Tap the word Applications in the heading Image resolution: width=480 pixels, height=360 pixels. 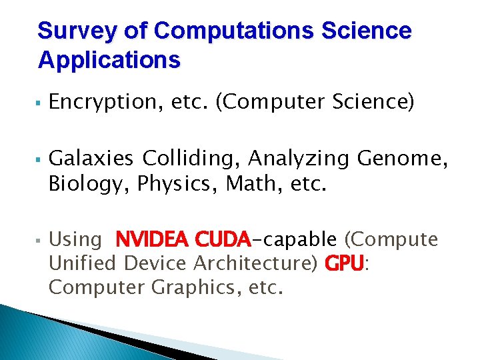[109, 60]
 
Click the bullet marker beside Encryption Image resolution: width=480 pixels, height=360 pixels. [40, 103]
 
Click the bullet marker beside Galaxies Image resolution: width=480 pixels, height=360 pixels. [40, 159]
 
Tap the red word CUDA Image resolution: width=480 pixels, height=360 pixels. [223, 239]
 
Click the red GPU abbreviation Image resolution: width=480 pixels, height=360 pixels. [345, 264]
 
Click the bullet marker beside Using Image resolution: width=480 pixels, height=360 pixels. [40, 240]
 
